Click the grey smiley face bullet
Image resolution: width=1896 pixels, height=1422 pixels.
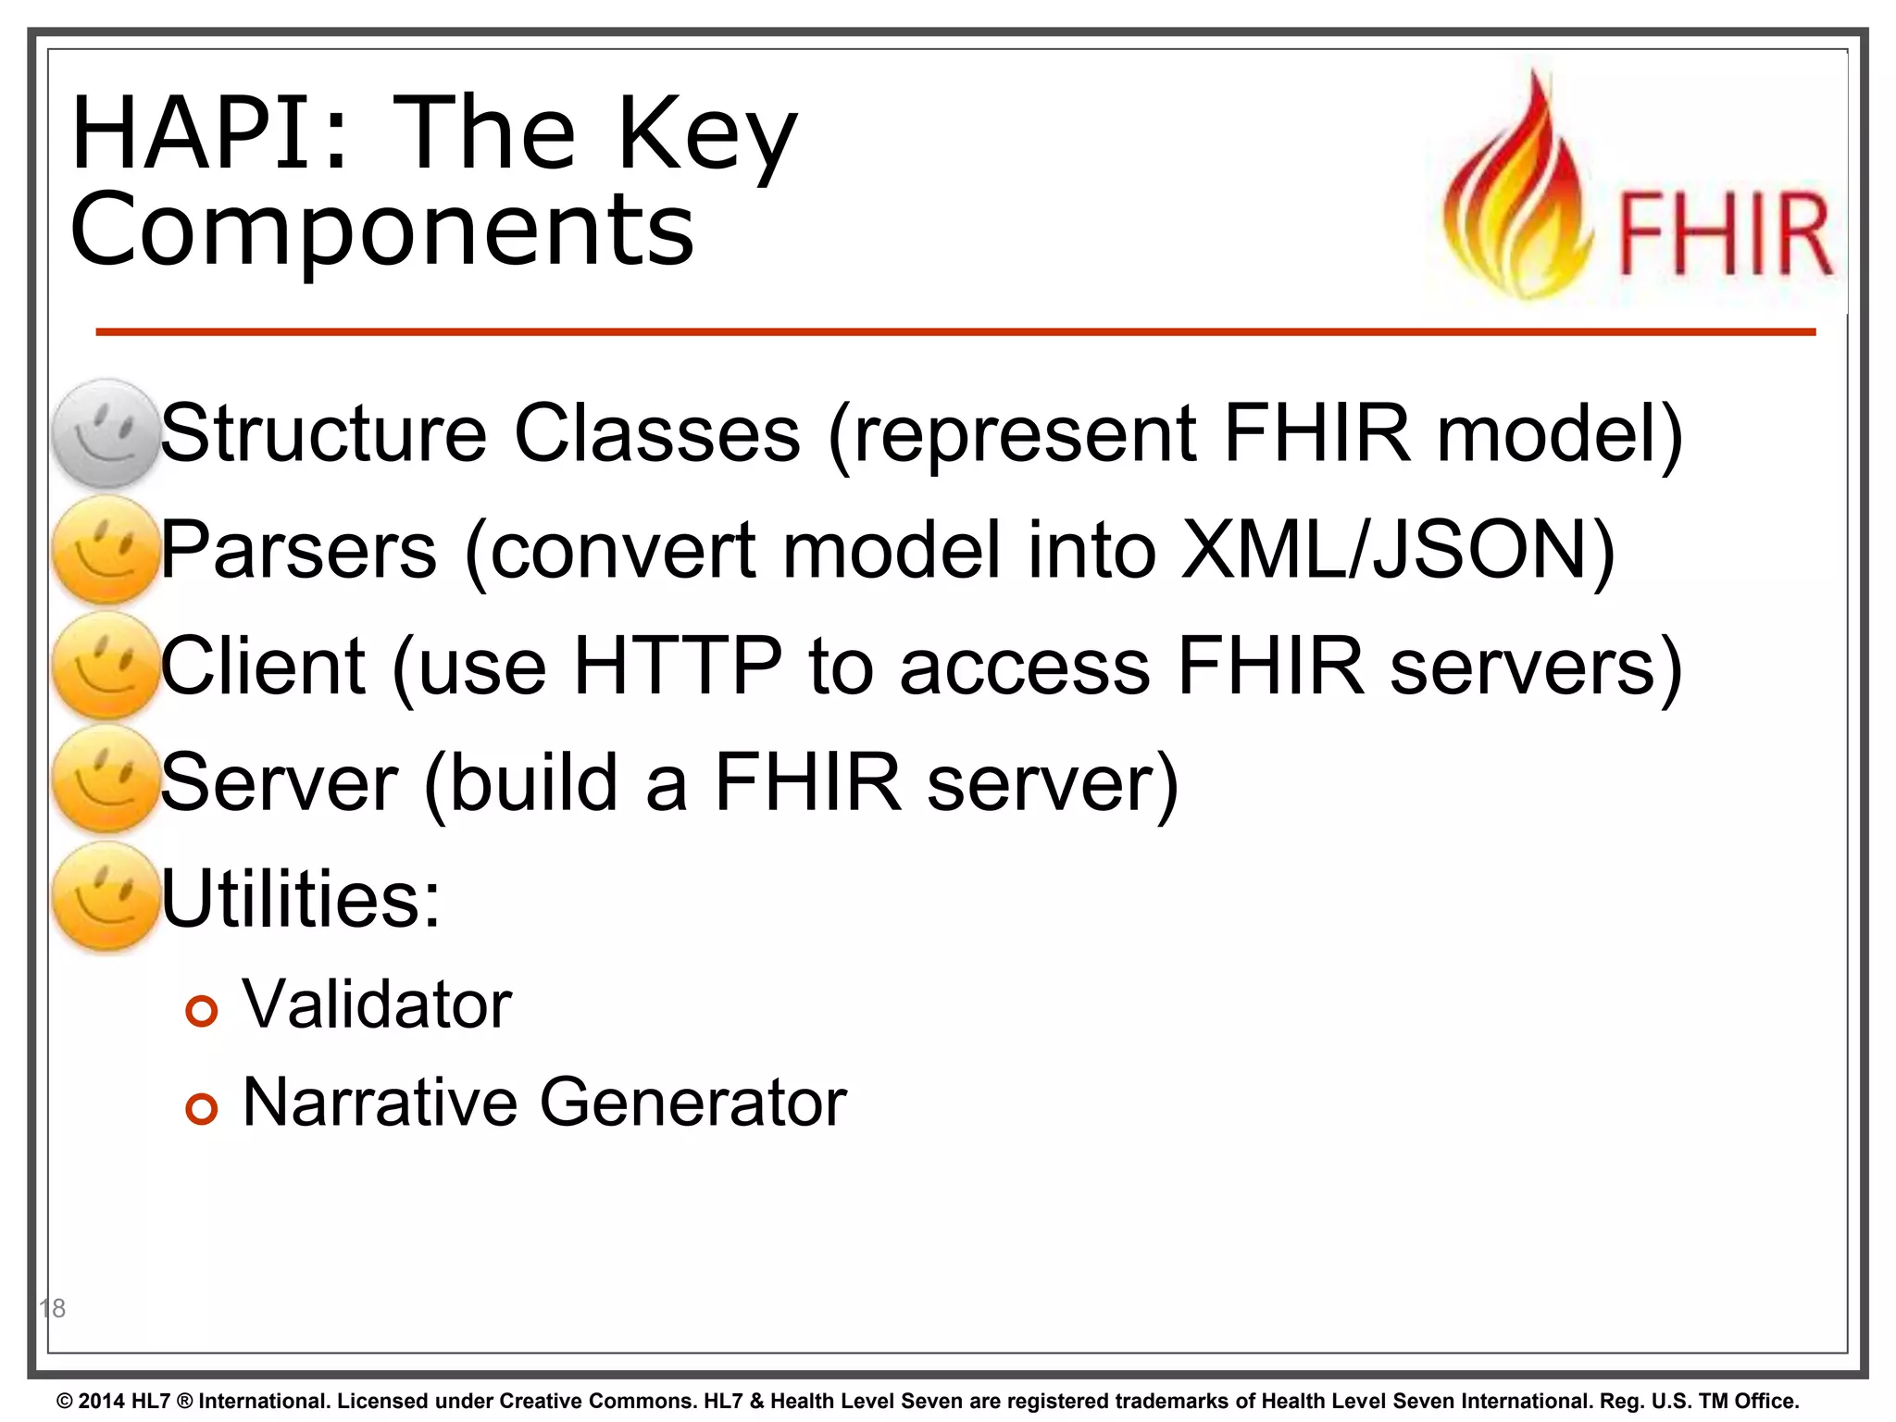point(106,433)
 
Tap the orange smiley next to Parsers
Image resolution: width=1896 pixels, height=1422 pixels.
point(106,550)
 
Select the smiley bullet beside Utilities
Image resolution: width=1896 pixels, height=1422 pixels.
point(106,897)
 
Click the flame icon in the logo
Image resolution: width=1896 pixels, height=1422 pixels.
point(1519,190)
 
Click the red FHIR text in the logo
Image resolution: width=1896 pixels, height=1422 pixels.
point(1724,234)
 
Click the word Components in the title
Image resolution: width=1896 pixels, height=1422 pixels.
point(381,230)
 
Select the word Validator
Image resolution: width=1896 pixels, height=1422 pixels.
point(377,1004)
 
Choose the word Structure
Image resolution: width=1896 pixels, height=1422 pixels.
point(324,433)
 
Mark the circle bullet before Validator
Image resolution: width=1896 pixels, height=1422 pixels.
point(201,1011)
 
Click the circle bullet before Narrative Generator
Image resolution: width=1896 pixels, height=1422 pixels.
point(201,1108)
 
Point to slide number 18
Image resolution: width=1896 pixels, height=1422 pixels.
point(53,1308)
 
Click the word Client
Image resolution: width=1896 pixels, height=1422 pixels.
point(264,666)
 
